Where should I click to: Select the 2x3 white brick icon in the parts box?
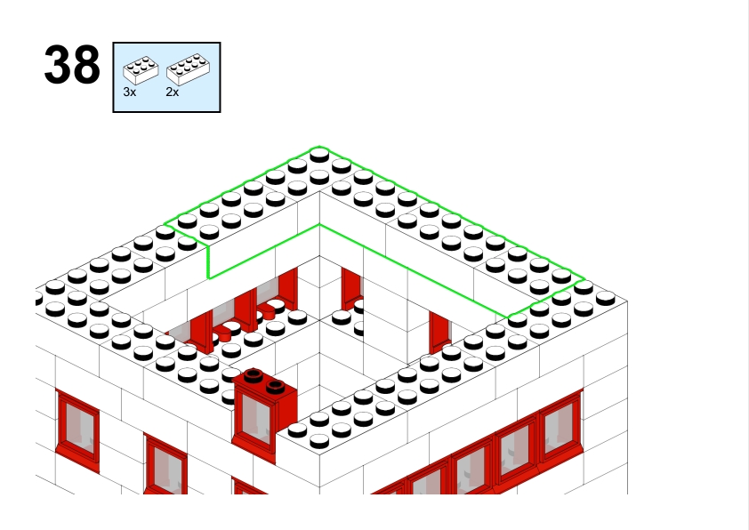tap(141, 70)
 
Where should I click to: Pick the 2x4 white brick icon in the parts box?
tap(188, 69)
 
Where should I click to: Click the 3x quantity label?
tap(130, 92)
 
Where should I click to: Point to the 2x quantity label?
tap(173, 92)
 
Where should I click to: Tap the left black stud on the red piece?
tap(254, 375)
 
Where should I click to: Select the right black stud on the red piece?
tap(275, 386)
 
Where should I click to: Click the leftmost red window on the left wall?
tap(77, 430)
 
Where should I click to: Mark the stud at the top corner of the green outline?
tap(319, 156)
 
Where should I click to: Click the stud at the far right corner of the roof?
tap(605, 299)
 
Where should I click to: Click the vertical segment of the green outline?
tap(208, 261)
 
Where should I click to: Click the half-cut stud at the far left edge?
tap(38, 299)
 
